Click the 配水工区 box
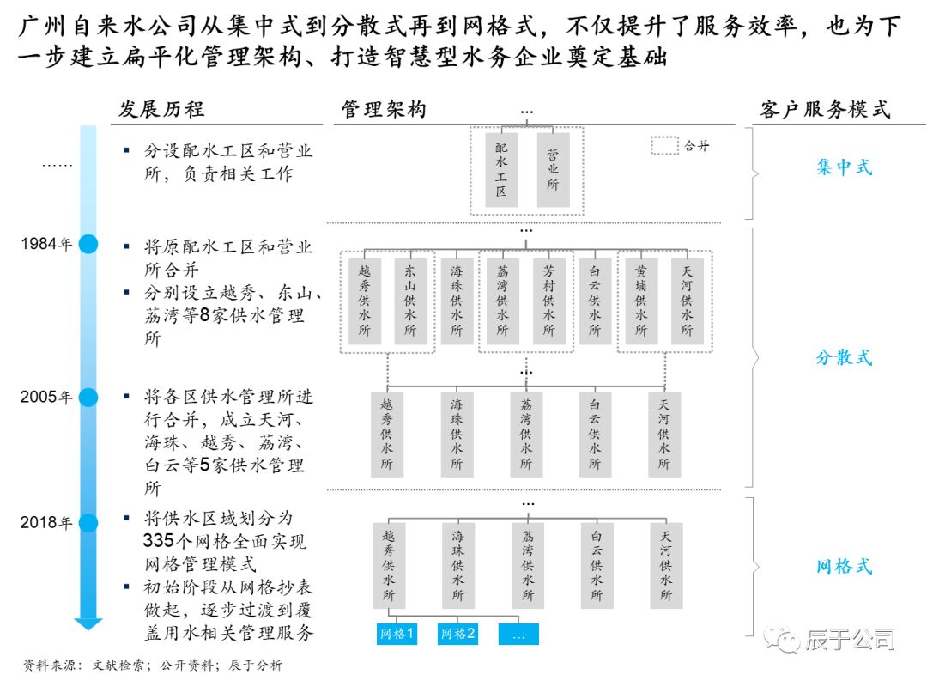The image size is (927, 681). [x=501, y=169]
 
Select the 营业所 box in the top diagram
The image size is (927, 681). [x=553, y=169]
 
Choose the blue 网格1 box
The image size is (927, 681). [x=397, y=634]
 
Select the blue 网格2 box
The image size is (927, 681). [x=458, y=634]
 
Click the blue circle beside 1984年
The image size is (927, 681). [x=88, y=245]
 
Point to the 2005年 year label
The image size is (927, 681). [x=47, y=398]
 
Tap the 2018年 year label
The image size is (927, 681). [x=47, y=522]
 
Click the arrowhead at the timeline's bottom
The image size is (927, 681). [x=88, y=623]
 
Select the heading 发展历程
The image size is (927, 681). [x=161, y=110]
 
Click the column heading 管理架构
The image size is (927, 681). [x=384, y=110]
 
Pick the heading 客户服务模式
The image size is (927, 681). [x=825, y=110]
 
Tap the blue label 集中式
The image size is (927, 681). [x=844, y=167]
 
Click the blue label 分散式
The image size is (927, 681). [x=844, y=357]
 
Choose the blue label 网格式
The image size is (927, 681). [x=844, y=567]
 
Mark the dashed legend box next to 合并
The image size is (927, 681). [x=665, y=146]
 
